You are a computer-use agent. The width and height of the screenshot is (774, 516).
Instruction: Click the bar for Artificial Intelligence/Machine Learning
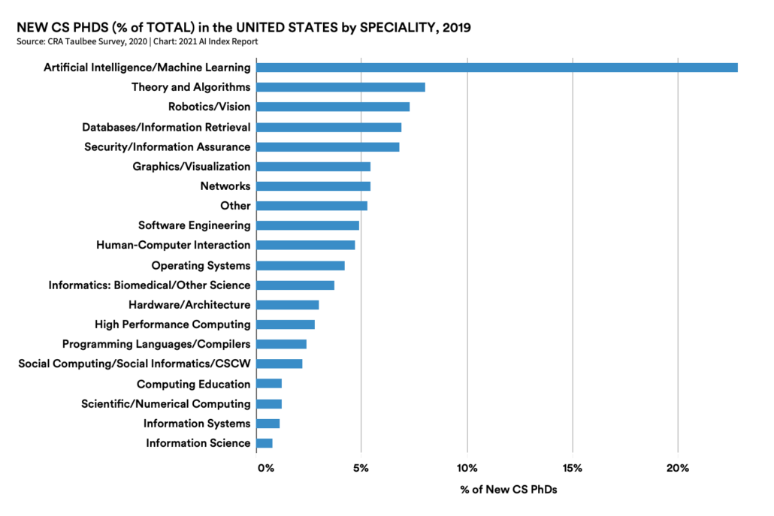click(x=497, y=68)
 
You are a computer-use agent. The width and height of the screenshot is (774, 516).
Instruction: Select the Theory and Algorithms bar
click(x=340, y=87)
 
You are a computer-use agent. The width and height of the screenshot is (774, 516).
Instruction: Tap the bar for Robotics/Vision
click(x=333, y=107)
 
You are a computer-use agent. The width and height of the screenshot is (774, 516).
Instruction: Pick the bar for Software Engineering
click(x=307, y=225)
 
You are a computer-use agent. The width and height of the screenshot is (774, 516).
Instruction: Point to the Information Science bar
click(x=265, y=443)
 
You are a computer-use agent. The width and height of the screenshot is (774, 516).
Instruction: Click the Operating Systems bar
click(x=301, y=265)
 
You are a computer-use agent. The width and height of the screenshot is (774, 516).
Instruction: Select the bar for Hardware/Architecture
click(x=288, y=305)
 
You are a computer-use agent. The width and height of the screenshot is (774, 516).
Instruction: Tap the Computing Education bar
click(x=269, y=384)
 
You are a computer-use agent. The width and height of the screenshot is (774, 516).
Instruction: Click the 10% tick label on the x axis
click(x=467, y=469)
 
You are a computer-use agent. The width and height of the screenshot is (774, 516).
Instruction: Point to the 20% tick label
click(x=678, y=469)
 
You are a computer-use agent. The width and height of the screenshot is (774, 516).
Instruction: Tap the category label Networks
click(x=225, y=186)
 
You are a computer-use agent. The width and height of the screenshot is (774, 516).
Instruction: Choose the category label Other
click(x=235, y=206)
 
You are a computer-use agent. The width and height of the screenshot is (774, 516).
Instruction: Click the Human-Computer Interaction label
click(x=173, y=245)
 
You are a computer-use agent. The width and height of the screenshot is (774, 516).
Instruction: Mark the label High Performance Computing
click(x=172, y=324)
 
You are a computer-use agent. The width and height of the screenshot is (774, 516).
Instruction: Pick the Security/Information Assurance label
click(x=167, y=146)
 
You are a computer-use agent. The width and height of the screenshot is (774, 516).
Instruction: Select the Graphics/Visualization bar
click(x=313, y=166)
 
